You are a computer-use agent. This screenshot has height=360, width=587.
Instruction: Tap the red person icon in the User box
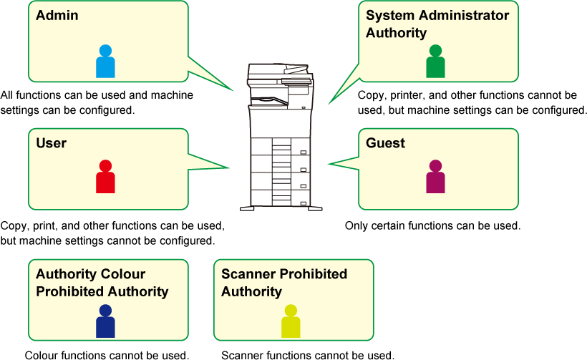(x=105, y=177)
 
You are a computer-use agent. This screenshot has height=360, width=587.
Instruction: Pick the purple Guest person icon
(x=435, y=177)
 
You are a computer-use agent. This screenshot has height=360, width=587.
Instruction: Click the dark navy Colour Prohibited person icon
(x=105, y=321)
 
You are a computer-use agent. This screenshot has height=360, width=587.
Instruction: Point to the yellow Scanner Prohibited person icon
(x=291, y=321)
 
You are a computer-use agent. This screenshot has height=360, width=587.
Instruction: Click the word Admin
(x=57, y=15)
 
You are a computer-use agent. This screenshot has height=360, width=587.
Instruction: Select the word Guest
(x=385, y=143)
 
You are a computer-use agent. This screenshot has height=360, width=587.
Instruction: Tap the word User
(x=51, y=143)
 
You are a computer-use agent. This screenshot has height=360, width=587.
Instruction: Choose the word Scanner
(x=248, y=274)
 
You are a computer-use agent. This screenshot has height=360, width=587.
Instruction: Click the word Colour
(x=119, y=274)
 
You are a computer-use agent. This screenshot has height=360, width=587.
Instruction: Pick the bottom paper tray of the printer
(x=280, y=195)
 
